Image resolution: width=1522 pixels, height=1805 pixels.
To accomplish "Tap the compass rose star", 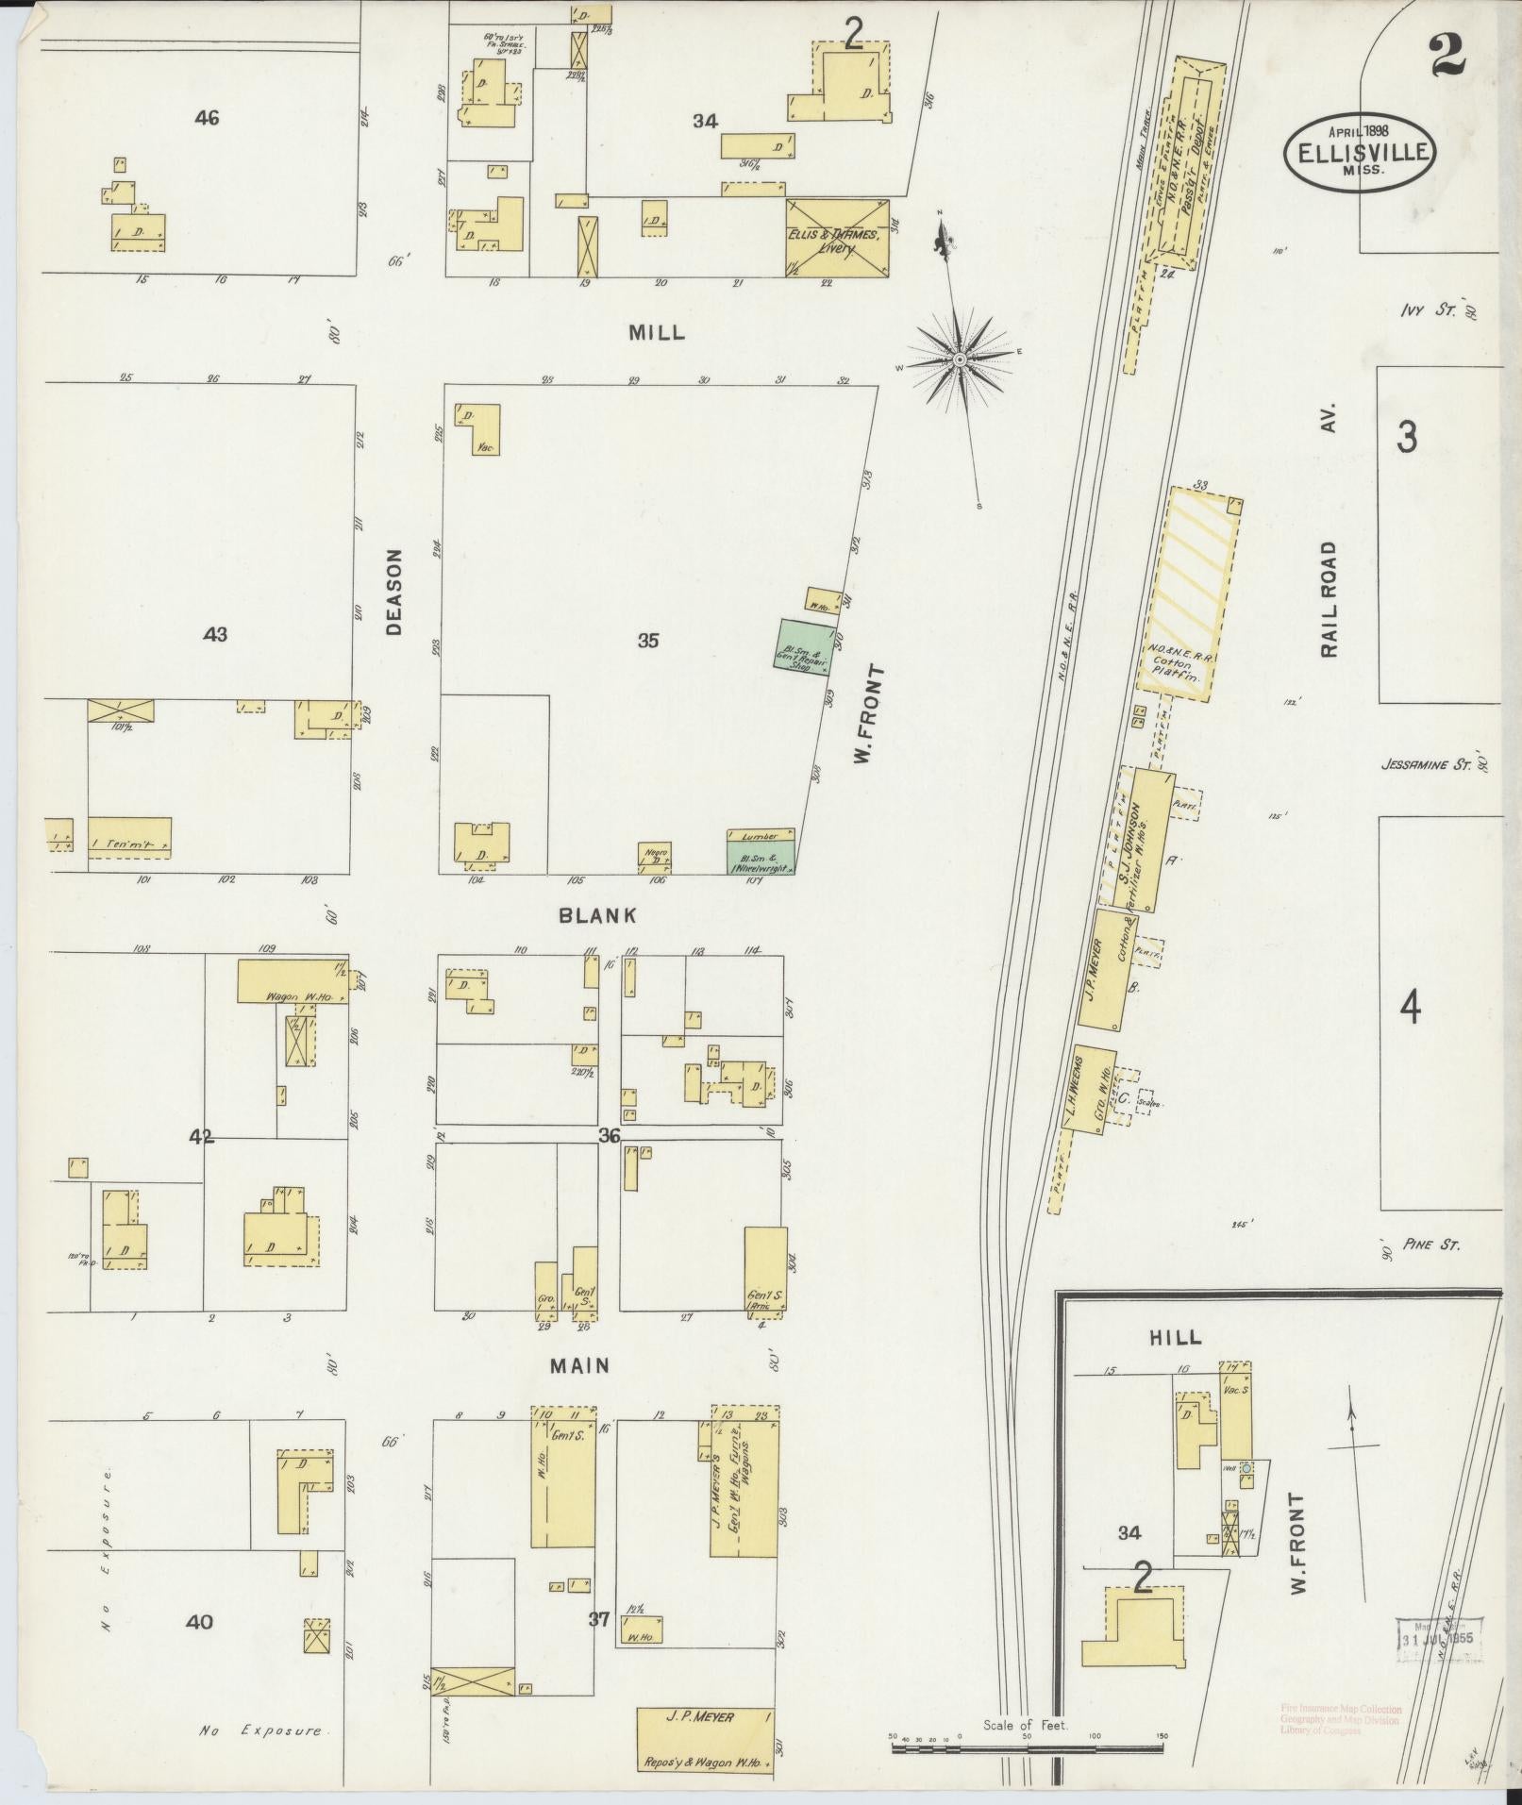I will click(x=960, y=359).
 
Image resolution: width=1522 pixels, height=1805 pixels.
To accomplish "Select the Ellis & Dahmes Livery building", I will click(x=837, y=238).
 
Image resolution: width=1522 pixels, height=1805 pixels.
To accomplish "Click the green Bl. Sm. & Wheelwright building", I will click(x=761, y=857).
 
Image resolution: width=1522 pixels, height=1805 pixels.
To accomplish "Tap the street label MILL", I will click(x=657, y=333).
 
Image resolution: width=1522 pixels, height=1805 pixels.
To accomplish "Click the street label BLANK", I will click(x=596, y=915).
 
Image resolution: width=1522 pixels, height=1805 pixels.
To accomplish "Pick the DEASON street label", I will click(x=394, y=592).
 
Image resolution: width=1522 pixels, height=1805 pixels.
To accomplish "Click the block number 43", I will click(x=215, y=635).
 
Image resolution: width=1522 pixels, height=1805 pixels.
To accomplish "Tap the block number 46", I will click(x=207, y=118).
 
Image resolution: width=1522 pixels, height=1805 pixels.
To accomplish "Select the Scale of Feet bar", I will click(x=1029, y=1747).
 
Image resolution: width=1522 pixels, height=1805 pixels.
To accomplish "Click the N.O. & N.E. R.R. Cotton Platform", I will click(x=1189, y=594).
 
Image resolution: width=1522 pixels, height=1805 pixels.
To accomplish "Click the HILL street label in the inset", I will click(x=1176, y=1337).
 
